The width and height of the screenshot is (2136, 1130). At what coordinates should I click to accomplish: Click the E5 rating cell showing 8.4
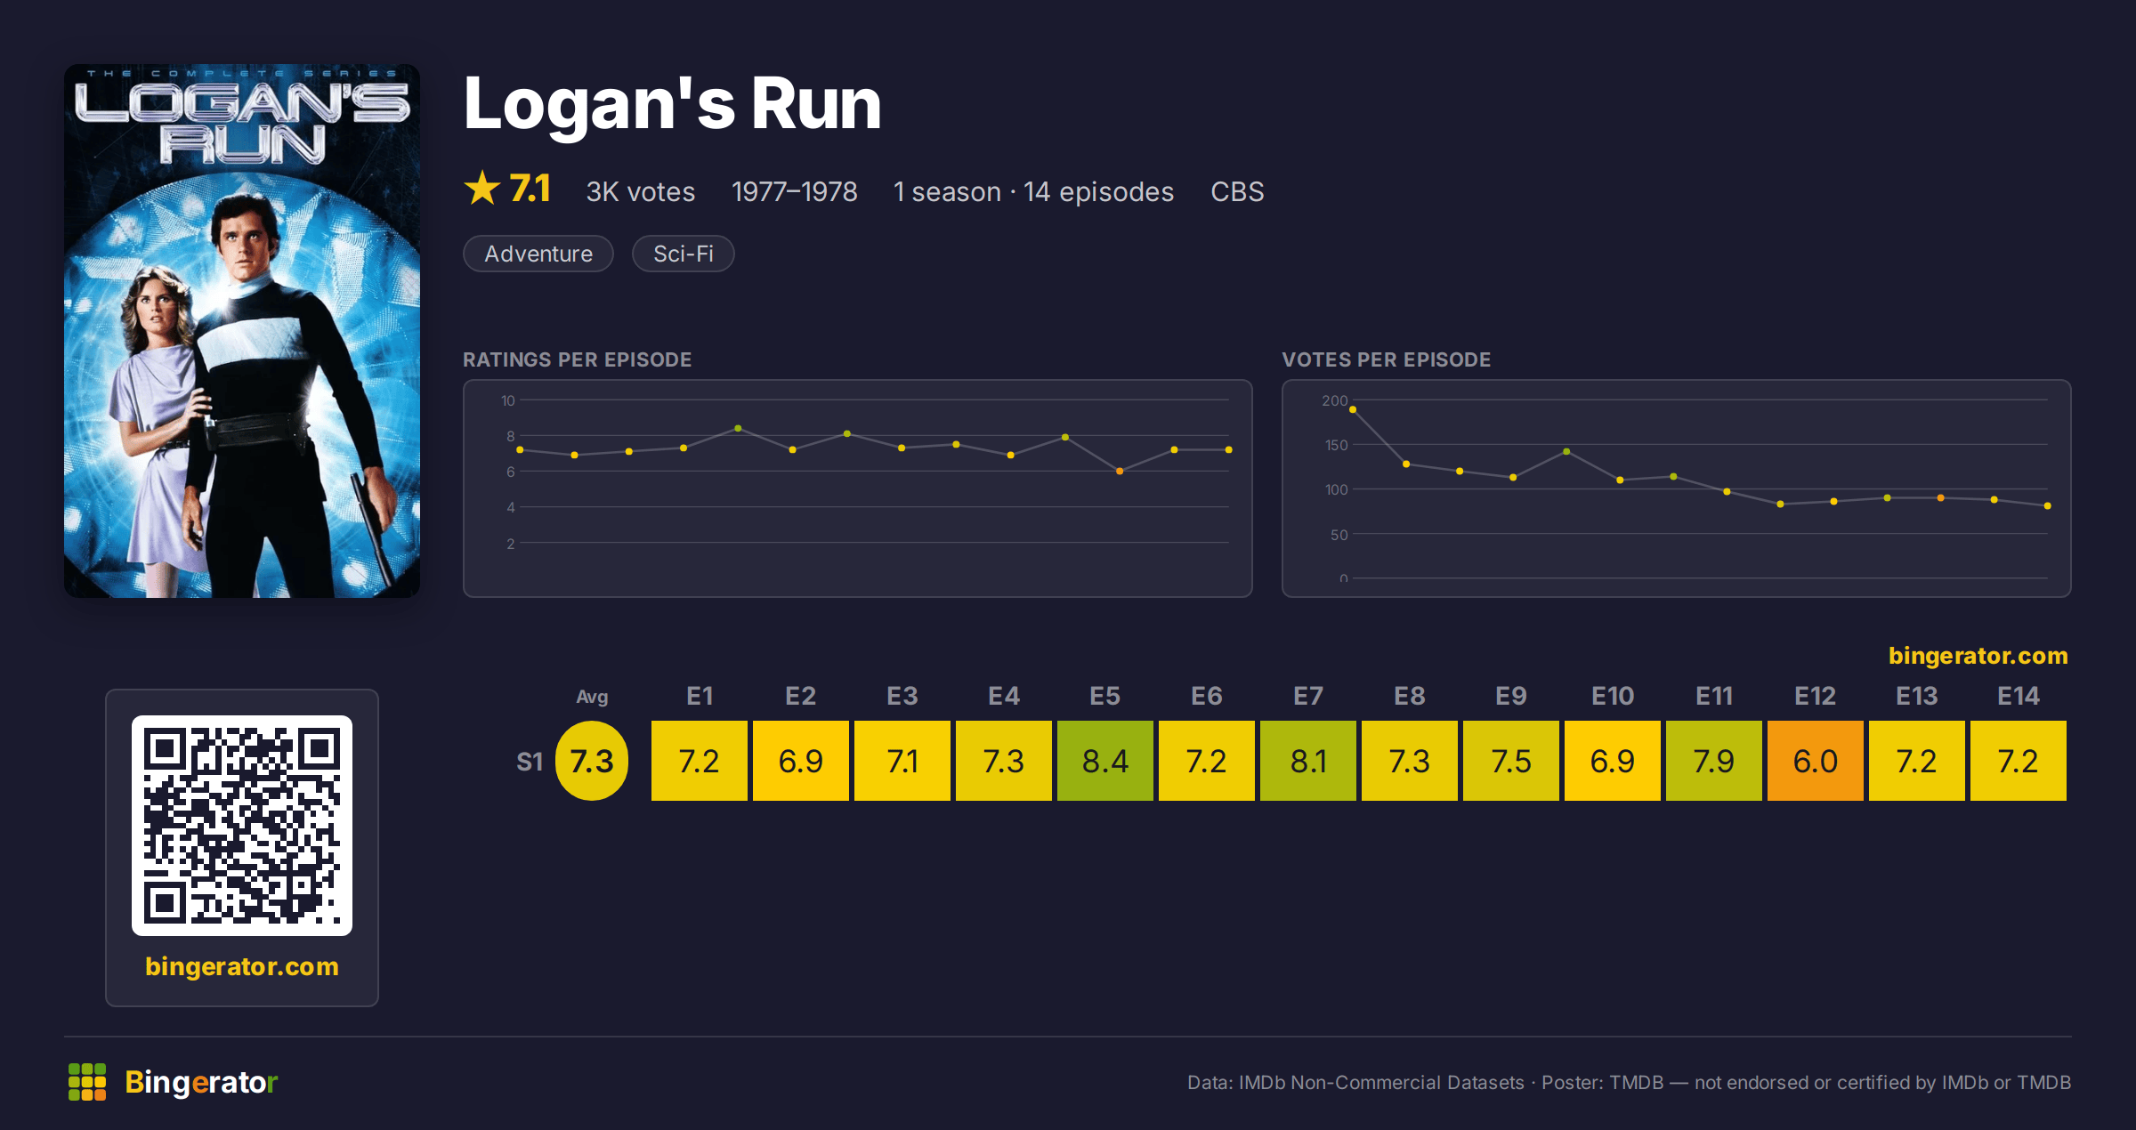pyautogui.click(x=1104, y=761)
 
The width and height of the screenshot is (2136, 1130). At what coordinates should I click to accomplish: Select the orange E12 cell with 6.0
pyautogui.click(x=1815, y=761)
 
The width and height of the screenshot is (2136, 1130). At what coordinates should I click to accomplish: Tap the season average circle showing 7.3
pyautogui.click(x=592, y=761)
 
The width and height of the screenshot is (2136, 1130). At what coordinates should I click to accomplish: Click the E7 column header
pyautogui.click(x=1307, y=696)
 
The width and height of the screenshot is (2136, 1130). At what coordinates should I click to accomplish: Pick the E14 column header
pyautogui.click(x=2018, y=696)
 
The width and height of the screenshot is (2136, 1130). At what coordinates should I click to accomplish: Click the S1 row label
pyautogui.click(x=530, y=762)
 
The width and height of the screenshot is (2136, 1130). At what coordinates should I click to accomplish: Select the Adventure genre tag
pyautogui.click(x=538, y=254)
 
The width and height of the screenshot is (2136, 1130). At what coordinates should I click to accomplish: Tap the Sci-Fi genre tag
pyautogui.click(x=684, y=254)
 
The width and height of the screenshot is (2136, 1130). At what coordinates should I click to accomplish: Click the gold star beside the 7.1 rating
pyautogui.click(x=482, y=188)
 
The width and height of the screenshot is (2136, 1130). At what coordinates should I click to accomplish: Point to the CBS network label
pyautogui.click(x=1237, y=191)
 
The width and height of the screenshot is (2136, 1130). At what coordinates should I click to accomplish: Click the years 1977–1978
pyautogui.click(x=794, y=191)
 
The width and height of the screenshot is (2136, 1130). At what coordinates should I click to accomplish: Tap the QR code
pyautogui.click(x=242, y=826)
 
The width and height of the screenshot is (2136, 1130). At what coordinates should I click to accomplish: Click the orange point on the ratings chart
pyautogui.click(x=1120, y=471)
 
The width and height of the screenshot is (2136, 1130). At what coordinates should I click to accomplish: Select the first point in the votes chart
pyautogui.click(x=1353, y=409)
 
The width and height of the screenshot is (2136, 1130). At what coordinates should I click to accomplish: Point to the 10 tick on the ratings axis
pyautogui.click(x=508, y=400)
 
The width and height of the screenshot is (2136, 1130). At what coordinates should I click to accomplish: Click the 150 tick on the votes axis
pyautogui.click(x=1336, y=445)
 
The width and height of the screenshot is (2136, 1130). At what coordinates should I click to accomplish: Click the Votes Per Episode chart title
pyautogui.click(x=1386, y=359)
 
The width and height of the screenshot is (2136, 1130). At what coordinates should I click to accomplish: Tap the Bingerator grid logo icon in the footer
pyautogui.click(x=87, y=1082)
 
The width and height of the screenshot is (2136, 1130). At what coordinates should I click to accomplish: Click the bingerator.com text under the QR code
pyautogui.click(x=242, y=966)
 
